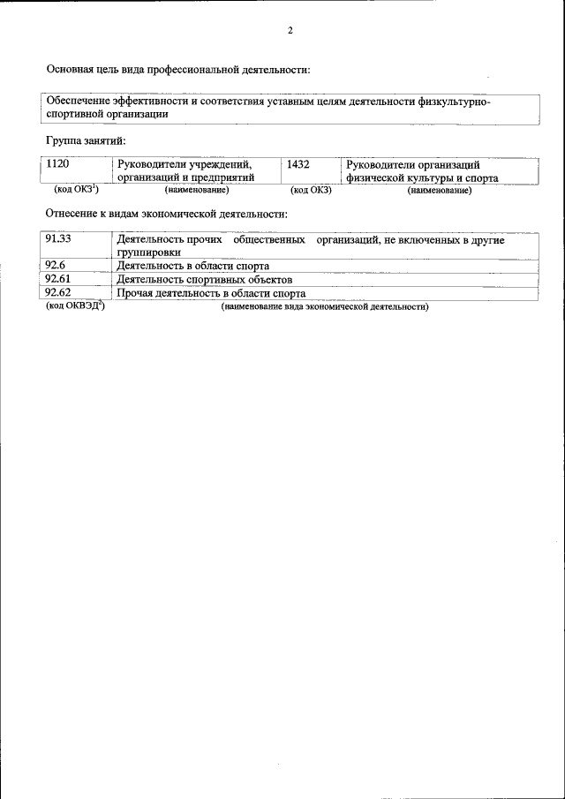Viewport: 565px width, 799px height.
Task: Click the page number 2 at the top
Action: [x=290, y=31]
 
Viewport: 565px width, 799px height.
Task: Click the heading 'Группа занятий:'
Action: [x=87, y=140]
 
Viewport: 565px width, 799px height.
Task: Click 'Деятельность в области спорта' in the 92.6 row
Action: [x=192, y=266]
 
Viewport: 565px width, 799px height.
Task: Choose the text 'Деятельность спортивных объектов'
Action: [x=204, y=279]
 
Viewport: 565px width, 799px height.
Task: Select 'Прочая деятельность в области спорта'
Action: [x=211, y=293]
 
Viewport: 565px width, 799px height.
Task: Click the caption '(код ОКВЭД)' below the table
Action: [x=75, y=306]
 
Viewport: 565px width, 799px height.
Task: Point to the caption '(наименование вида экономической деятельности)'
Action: [x=325, y=307]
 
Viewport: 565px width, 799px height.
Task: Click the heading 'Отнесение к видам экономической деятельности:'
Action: [x=166, y=214]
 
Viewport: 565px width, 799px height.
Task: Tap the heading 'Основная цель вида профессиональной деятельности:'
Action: [x=177, y=69]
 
